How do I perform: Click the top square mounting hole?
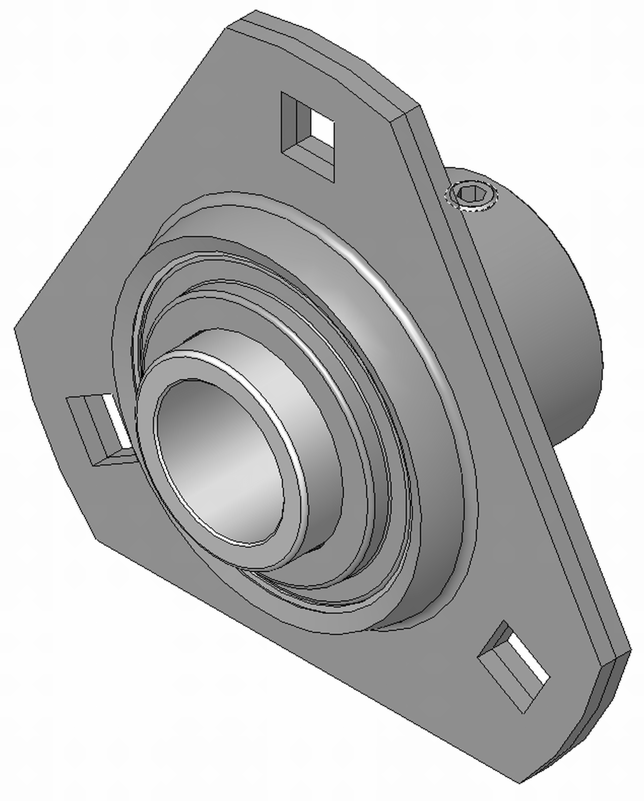click(308, 137)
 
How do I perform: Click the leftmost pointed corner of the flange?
click(16, 329)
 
